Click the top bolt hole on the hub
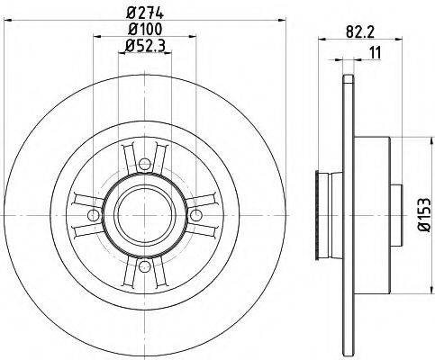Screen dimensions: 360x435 click(144, 163)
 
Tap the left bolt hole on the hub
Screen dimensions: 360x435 click(94, 214)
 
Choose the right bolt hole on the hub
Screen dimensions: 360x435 click(195, 214)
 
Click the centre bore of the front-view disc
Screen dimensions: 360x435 click(144, 214)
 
